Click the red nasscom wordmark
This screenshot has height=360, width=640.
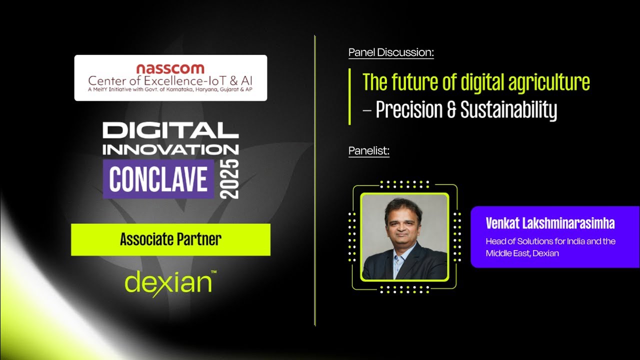(x=170, y=68)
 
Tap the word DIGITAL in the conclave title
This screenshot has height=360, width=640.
(x=170, y=130)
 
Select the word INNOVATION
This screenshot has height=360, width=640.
(x=170, y=149)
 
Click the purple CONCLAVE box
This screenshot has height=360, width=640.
(x=158, y=179)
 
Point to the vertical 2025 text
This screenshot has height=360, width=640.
(x=231, y=179)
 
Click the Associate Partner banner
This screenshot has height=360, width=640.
(x=170, y=239)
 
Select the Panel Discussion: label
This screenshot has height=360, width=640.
(x=391, y=52)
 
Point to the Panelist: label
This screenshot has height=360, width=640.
(x=368, y=150)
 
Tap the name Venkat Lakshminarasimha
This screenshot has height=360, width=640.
(x=550, y=223)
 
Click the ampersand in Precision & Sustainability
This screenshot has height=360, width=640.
(x=451, y=110)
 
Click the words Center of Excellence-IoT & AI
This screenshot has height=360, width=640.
(x=170, y=80)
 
